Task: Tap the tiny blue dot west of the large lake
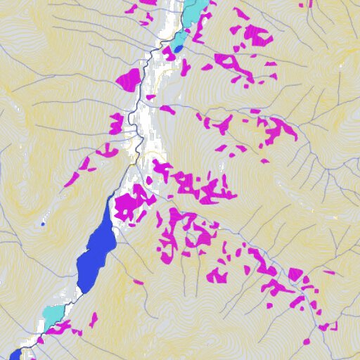pos(43,224)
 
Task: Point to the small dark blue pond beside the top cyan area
pos(177,49)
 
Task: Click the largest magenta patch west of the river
pos(129,79)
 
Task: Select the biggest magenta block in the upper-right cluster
pos(258,35)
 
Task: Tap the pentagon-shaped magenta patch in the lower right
pos(295,274)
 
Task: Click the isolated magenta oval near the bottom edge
pos(306,342)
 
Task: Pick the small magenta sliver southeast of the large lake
pos(139,282)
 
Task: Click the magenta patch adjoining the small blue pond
pos(184,66)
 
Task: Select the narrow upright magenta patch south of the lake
pos(93,320)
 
